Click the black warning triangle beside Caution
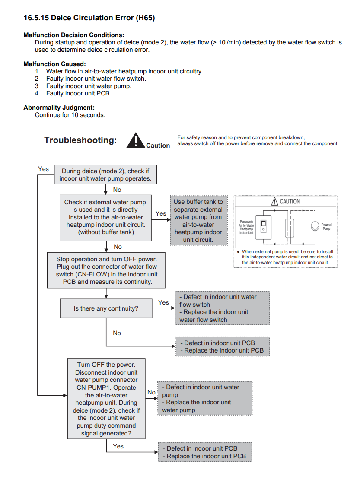[x=136, y=140]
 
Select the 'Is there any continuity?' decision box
[x=106, y=308]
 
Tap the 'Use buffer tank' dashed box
[x=198, y=220]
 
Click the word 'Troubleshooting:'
[x=80, y=140]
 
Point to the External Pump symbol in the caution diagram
[x=315, y=225]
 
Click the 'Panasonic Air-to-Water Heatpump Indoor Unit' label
[x=246, y=226]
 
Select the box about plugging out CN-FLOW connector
[x=106, y=270]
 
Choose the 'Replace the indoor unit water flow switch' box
[x=222, y=308]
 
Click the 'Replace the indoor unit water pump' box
[x=204, y=398]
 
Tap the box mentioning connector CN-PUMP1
[x=106, y=399]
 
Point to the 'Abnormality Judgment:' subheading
[x=59, y=108]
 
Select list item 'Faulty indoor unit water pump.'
[x=89, y=86]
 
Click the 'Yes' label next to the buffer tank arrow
[x=161, y=213]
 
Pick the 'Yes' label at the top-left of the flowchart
[x=43, y=169]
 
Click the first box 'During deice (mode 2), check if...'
[x=106, y=175]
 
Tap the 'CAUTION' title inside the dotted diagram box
[x=285, y=202]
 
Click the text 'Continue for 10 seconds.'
[x=70, y=115]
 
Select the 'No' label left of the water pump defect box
[x=151, y=392]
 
